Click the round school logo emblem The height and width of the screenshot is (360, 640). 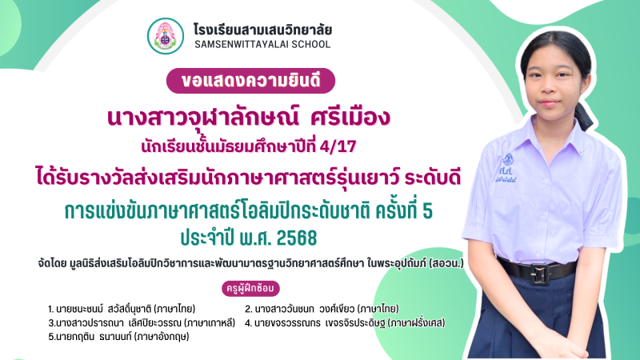(x=166, y=36)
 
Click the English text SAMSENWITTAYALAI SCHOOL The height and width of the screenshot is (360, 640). (x=262, y=45)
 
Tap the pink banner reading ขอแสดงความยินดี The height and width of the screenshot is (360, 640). (x=250, y=81)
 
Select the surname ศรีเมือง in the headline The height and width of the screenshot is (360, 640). (x=350, y=118)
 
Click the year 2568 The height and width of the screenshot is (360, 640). (x=296, y=238)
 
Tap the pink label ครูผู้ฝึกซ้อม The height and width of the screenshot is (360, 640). (x=250, y=288)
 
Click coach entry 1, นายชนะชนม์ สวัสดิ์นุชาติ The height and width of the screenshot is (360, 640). (x=122, y=309)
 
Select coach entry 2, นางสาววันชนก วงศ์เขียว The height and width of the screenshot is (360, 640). (x=322, y=309)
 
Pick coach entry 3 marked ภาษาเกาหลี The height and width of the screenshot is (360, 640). (x=142, y=323)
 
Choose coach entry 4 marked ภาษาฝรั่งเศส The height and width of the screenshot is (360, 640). (x=345, y=323)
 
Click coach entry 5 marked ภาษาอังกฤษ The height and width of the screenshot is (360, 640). (x=118, y=337)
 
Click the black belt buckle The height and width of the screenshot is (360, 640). (x=539, y=274)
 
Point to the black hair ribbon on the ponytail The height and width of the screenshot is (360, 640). (x=584, y=115)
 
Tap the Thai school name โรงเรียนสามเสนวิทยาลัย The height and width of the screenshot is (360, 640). (x=262, y=30)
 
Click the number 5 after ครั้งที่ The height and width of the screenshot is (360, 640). (x=428, y=211)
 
